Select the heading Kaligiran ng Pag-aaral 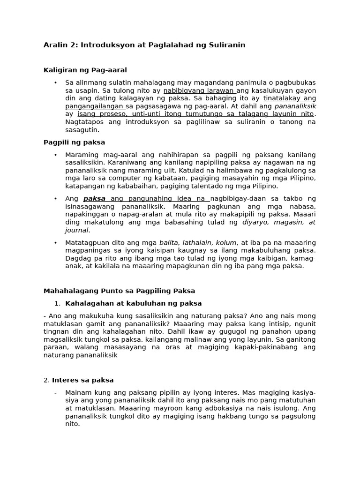pos(85,70)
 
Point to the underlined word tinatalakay pos(280,98)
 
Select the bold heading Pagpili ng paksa pos(74,142)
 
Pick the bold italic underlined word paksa pos(94,199)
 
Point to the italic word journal pos(76,231)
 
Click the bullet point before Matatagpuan pos(55,242)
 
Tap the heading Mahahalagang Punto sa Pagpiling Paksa pos(119,291)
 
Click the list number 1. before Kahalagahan pos(58,303)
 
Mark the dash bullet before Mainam pos(55,392)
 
